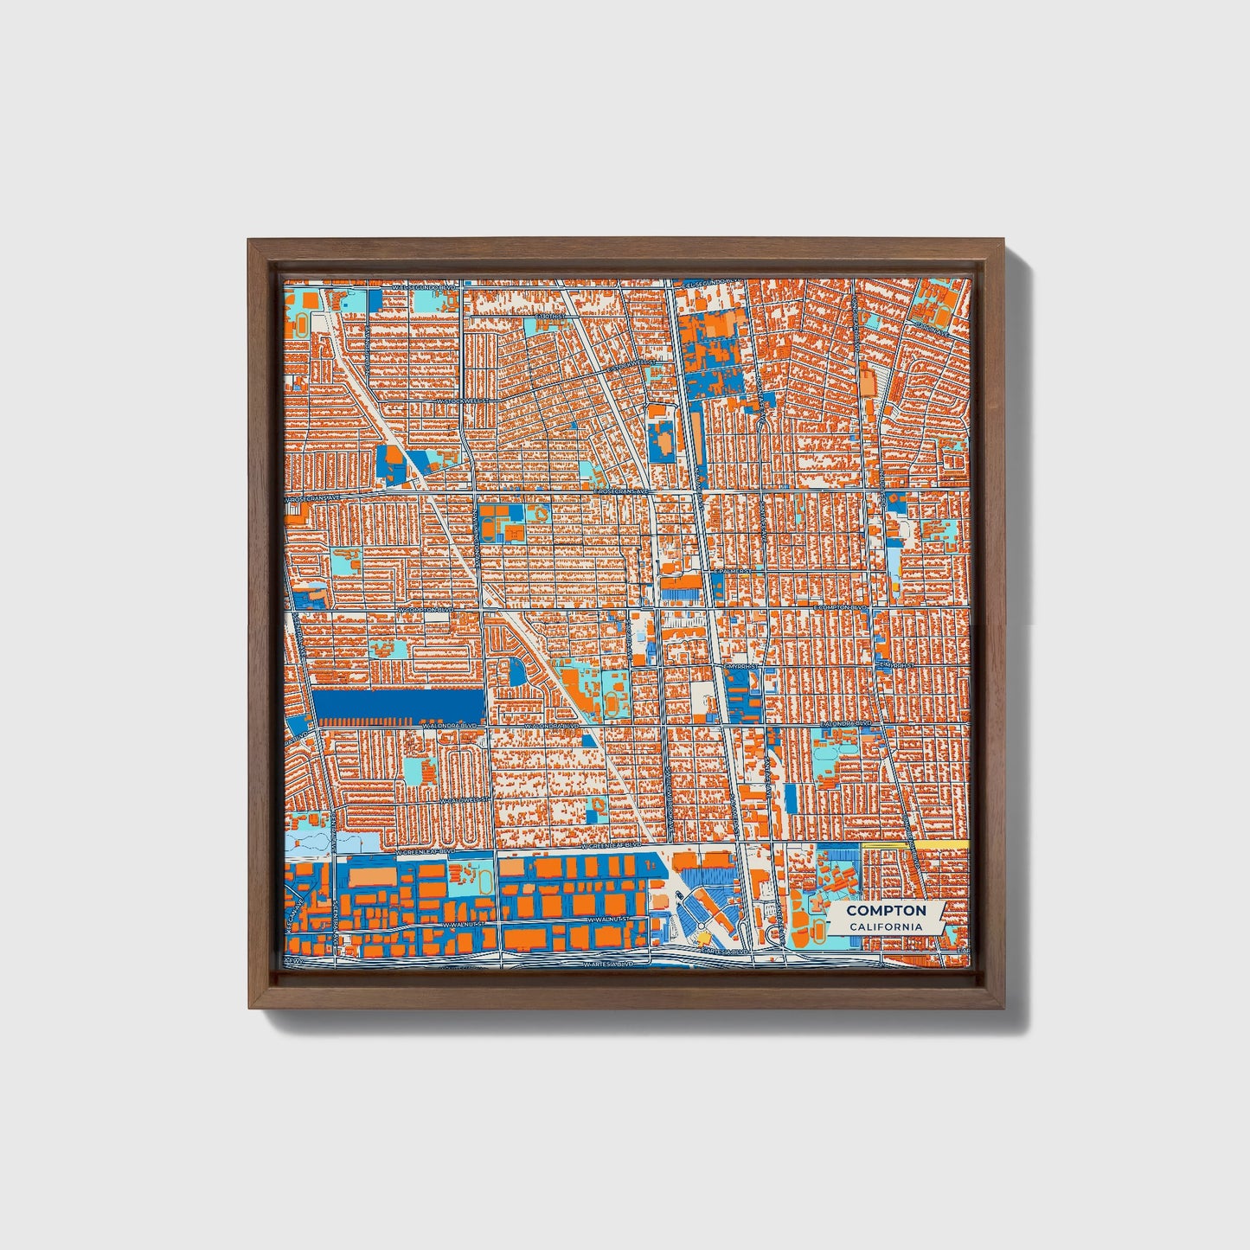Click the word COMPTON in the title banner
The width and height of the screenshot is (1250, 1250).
(x=886, y=910)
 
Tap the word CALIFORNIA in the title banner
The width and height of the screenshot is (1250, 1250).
(x=886, y=927)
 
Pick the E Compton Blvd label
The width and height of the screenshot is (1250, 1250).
(x=840, y=608)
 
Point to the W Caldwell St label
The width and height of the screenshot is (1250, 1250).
(x=459, y=800)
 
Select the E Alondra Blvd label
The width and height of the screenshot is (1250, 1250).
(x=845, y=721)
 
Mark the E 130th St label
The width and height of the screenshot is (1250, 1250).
(x=548, y=317)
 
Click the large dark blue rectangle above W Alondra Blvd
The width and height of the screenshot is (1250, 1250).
(x=400, y=706)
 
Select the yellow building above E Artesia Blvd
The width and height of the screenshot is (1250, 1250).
(x=704, y=937)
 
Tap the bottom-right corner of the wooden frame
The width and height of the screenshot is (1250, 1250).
(x=1005, y=1008)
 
